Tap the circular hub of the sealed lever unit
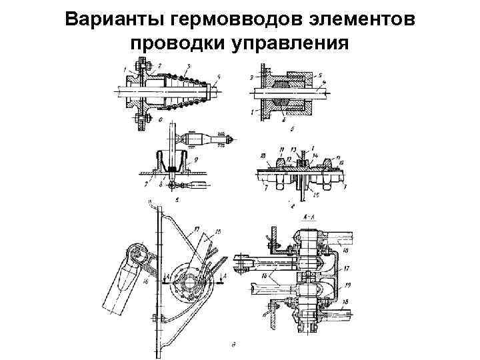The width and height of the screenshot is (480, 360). (x=188, y=280)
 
